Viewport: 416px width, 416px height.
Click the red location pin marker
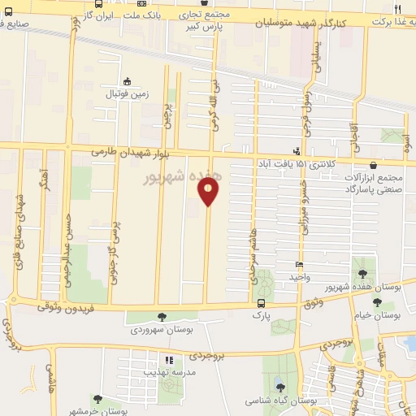[x=209, y=191]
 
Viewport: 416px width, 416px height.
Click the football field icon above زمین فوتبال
[x=127, y=81]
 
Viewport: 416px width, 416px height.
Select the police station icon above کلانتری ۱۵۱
[x=297, y=150]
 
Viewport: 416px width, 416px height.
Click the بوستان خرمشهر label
[x=97, y=411]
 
